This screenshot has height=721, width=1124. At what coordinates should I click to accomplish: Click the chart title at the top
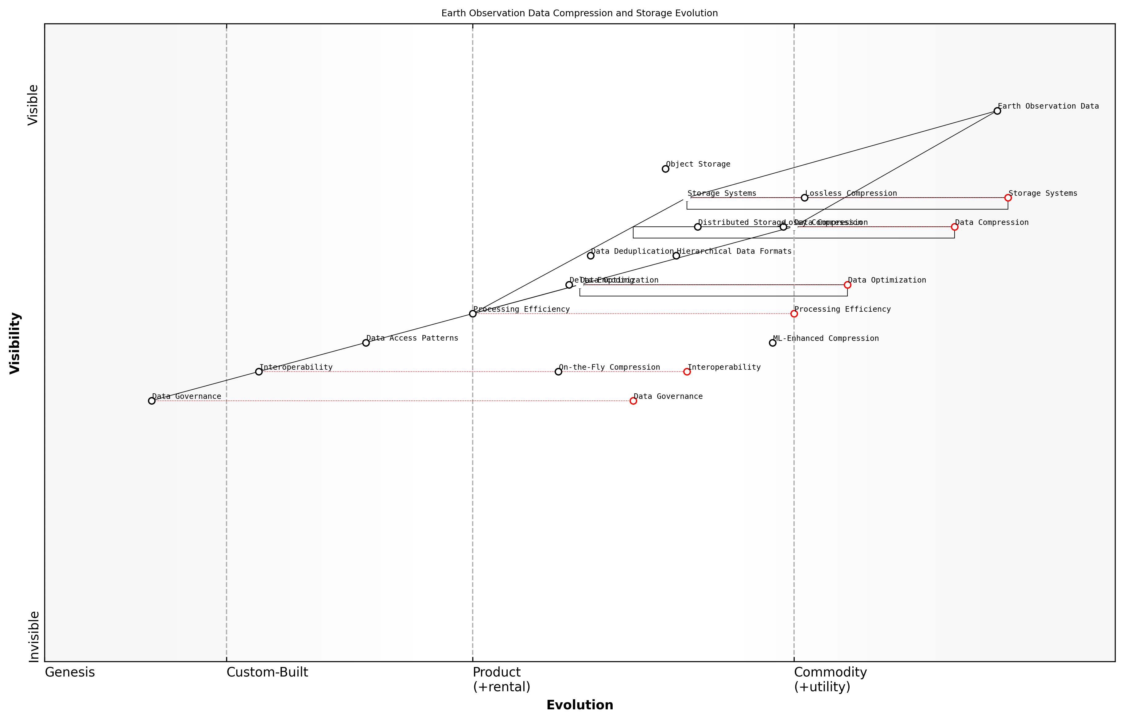579,13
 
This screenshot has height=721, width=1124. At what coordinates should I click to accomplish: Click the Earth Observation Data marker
997,111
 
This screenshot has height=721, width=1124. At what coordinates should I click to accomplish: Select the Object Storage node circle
665,169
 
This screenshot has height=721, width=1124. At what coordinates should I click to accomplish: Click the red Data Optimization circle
847,285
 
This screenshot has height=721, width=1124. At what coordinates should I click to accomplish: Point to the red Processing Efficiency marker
794,314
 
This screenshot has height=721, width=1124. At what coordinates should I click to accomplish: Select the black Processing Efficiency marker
473,314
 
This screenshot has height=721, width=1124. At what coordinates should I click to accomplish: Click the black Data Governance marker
152,401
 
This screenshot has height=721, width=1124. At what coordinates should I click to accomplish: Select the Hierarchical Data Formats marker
676,256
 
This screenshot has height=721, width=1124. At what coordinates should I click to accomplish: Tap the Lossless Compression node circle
804,198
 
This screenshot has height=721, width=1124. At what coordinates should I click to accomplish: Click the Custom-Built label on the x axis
267,672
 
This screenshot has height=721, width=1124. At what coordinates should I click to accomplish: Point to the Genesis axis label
70,672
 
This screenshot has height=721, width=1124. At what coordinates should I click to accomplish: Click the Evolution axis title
579,705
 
